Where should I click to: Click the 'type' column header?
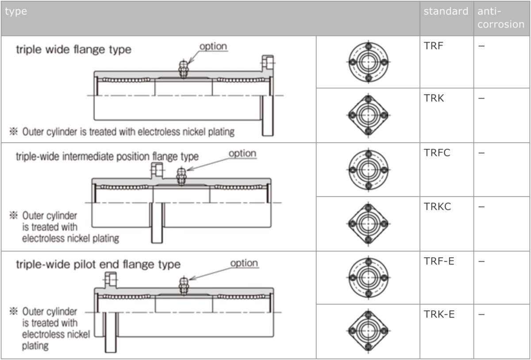(16, 12)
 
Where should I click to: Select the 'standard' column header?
(446, 12)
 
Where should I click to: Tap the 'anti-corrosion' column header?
(501, 18)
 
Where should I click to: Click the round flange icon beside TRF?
(368, 62)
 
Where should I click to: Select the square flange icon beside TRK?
(368, 115)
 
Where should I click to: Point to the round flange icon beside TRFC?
(368, 170)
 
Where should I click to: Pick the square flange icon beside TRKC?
(368, 224)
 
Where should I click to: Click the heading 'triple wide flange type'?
(73, 49)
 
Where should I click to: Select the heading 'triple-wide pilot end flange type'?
(98, 264)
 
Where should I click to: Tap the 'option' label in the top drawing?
(213, 46)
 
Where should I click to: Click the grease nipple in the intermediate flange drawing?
(181, 176)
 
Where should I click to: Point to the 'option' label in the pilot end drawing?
(244, 263)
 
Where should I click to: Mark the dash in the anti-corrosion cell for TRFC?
(481, 153)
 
